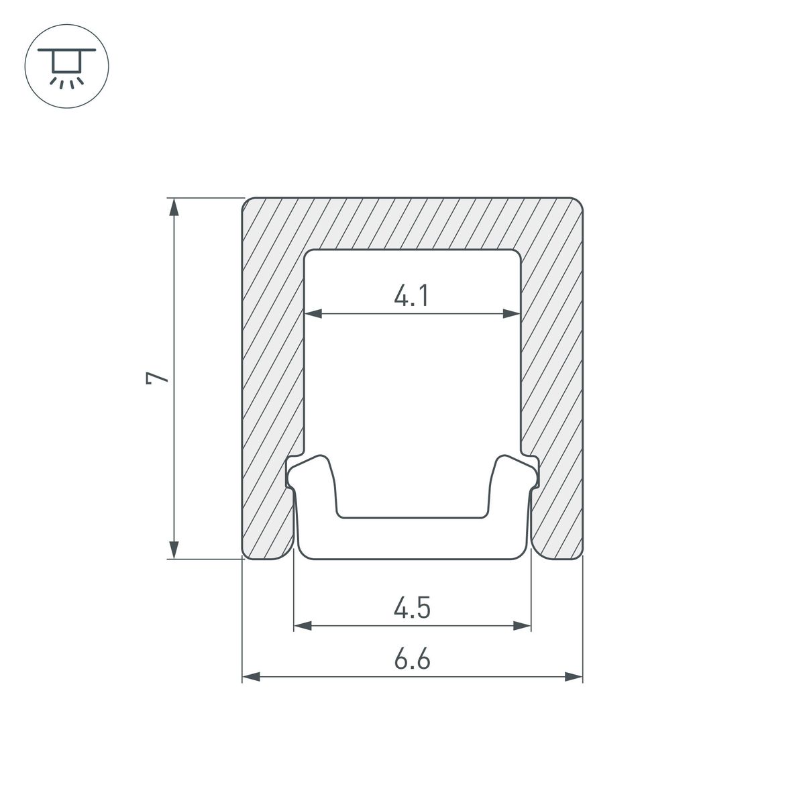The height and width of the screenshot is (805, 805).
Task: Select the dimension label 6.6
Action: pyautogui.click(x=412, y=659)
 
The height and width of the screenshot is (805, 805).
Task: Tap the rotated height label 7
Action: pyautogui.click(x=157, y=378)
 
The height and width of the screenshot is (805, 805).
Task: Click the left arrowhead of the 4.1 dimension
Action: pyautogui.click(x=313, y=313)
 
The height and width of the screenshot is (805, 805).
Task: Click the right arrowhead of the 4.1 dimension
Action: pyautogui.click(x=512, y=313)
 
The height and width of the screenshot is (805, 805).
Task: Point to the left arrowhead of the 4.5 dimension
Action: pyautogui.click(x=303, y=626)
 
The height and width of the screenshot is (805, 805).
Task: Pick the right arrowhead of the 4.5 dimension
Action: pyautogui.click(x=522, y=626)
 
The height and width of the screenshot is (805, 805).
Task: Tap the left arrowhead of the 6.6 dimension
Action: pyautogui.click(x=251, y=677)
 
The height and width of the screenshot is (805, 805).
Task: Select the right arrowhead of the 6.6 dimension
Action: pyautogui.click(x=574, y=677)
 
